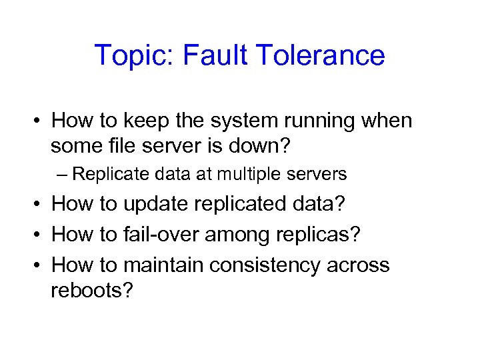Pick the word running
(332, 121)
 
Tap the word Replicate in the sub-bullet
(108, 175)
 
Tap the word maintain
(161, 265)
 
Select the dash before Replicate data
(62, 175)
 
